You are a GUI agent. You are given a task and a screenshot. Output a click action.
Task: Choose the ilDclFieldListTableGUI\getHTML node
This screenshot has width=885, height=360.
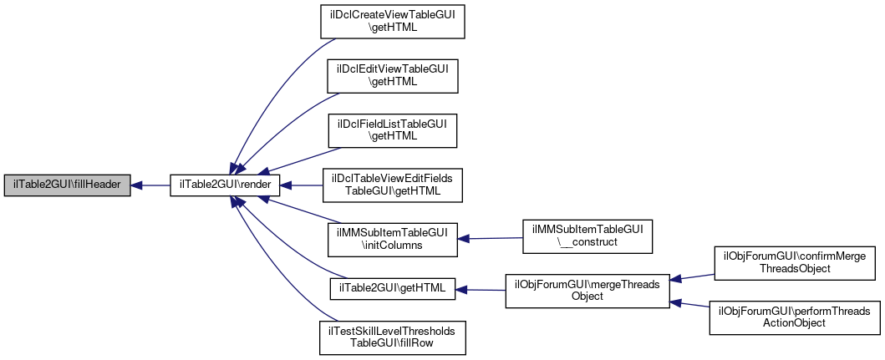(x=392, y=129)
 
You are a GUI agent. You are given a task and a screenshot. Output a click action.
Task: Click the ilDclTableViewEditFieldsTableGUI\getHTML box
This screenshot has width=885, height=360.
(x=392, y=185)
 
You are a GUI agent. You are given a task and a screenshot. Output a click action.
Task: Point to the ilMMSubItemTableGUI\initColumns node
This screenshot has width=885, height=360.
(x=392, y=238)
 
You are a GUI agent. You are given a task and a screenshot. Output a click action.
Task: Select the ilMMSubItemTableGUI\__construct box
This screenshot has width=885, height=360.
(x=587, y=237)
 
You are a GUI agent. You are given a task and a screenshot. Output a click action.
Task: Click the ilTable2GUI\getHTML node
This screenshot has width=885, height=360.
(x=392, y=289)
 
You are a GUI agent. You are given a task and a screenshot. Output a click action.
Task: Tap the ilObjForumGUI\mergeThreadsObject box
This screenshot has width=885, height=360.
(x=587, y=290)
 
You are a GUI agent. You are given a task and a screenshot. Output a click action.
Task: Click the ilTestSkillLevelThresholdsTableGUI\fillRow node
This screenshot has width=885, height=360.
(x=392, y=337)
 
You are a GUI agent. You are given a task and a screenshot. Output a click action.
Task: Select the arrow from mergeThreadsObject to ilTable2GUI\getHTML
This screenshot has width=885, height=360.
(x=480, y=290)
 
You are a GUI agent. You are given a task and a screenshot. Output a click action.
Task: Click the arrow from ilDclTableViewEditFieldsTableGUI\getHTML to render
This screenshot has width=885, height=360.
(x=301, y=185)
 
